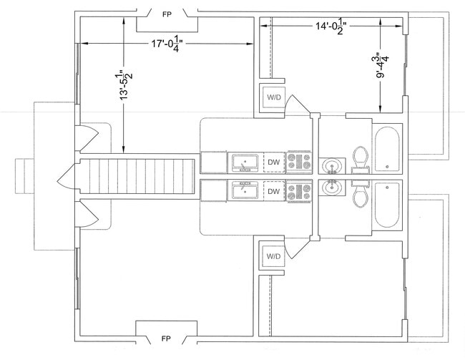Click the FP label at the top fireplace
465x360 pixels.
coord(167,14)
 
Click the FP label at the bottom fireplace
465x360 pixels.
coord(166,339)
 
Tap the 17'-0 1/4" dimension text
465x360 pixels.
coord(167,44)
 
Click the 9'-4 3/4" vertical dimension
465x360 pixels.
coord(382,65)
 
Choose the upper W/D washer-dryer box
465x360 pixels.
coord(273,97)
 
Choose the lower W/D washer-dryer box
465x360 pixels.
coord(273,256)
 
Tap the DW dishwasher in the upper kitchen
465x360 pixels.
coord(274,162)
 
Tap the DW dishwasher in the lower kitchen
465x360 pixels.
coord(274,191)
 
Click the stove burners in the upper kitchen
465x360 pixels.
coord(299,162)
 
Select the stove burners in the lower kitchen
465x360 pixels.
coord(299,191)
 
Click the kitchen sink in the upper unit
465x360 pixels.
coord(245,162)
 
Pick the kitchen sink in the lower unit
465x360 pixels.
coord(245,190)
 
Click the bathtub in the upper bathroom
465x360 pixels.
coord(387,150)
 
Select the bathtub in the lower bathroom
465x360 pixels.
coord(387,205)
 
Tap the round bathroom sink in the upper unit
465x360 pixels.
coord(332,165)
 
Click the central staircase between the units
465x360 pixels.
coord(137,176)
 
